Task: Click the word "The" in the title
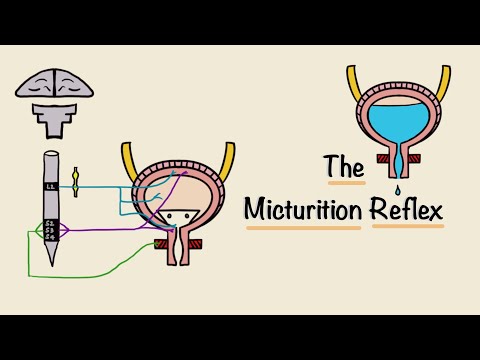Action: click(344, 167)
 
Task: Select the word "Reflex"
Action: click(408, 210)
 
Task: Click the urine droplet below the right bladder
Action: click(398, 190)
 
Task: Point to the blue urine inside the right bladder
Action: click(398, 119)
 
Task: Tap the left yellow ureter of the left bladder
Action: click(129, 160)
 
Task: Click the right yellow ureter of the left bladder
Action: click(229, 160)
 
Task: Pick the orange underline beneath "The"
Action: click(345, 183)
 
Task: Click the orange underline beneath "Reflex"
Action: click(408, 225)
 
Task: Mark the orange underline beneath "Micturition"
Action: click(303, 228)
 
